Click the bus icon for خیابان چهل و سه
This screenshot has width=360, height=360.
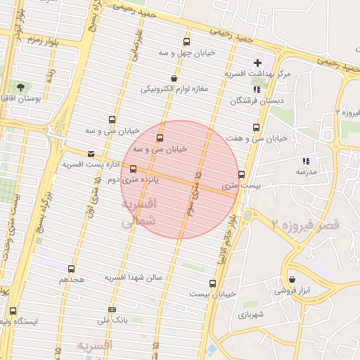(x=186, y=41)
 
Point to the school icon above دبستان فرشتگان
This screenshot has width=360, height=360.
(x=257, y=89)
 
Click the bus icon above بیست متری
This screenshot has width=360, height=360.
(x=242, y=174)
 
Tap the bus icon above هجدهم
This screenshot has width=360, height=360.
(x=71, y=269)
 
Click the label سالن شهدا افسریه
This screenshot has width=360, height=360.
(x=134, y=278)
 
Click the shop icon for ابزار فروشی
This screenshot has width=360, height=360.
(x=292, y=279)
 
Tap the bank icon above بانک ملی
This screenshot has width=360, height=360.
(x=112, y=310)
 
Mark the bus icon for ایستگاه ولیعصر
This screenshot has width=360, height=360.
(x=13, y=310)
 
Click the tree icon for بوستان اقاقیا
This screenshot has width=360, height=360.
(x=18, y=87)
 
